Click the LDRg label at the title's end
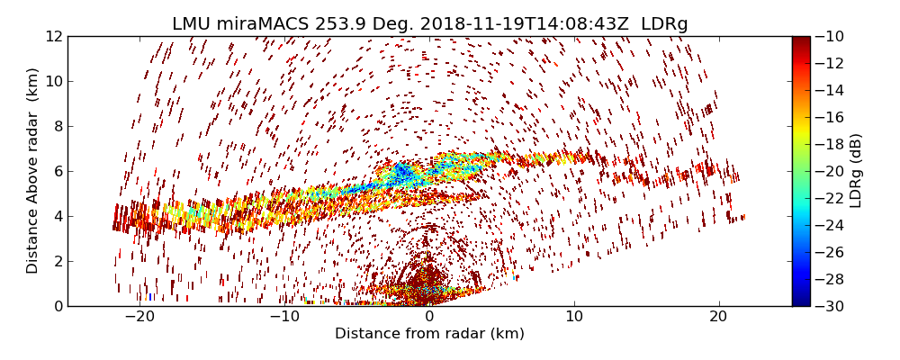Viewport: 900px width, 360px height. coord(664,24)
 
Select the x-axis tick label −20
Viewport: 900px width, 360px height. coord(139,317)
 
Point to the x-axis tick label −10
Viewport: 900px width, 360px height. coord(284,317)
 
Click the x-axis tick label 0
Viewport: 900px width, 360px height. coord(429,317)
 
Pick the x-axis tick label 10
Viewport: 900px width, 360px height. coord(574,317)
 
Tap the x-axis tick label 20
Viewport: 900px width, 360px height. coord(718,317)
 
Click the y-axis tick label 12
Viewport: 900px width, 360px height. coord(53,37)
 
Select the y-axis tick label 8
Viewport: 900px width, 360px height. coord(57,126)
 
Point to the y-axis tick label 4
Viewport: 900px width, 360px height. coord(57,216)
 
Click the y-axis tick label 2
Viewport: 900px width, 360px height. coord(57,261)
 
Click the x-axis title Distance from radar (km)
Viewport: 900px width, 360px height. coord(429,334)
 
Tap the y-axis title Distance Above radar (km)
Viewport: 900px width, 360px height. coord(33,171)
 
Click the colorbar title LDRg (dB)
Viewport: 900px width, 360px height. coord(856,171)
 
